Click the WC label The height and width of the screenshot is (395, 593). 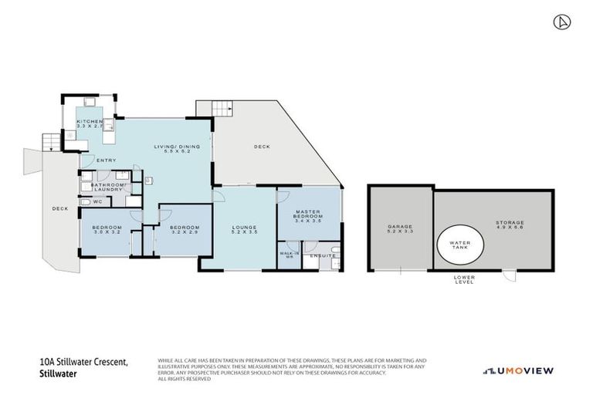tap(97, 202)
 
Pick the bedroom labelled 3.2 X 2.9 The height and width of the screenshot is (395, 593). tap(185, 231)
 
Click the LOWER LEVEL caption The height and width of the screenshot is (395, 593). tap(464, 279)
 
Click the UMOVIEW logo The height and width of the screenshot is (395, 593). tap(518, 371)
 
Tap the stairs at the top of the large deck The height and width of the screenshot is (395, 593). tap(222, 108)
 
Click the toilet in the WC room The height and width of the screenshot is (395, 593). tap(84, 202)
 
